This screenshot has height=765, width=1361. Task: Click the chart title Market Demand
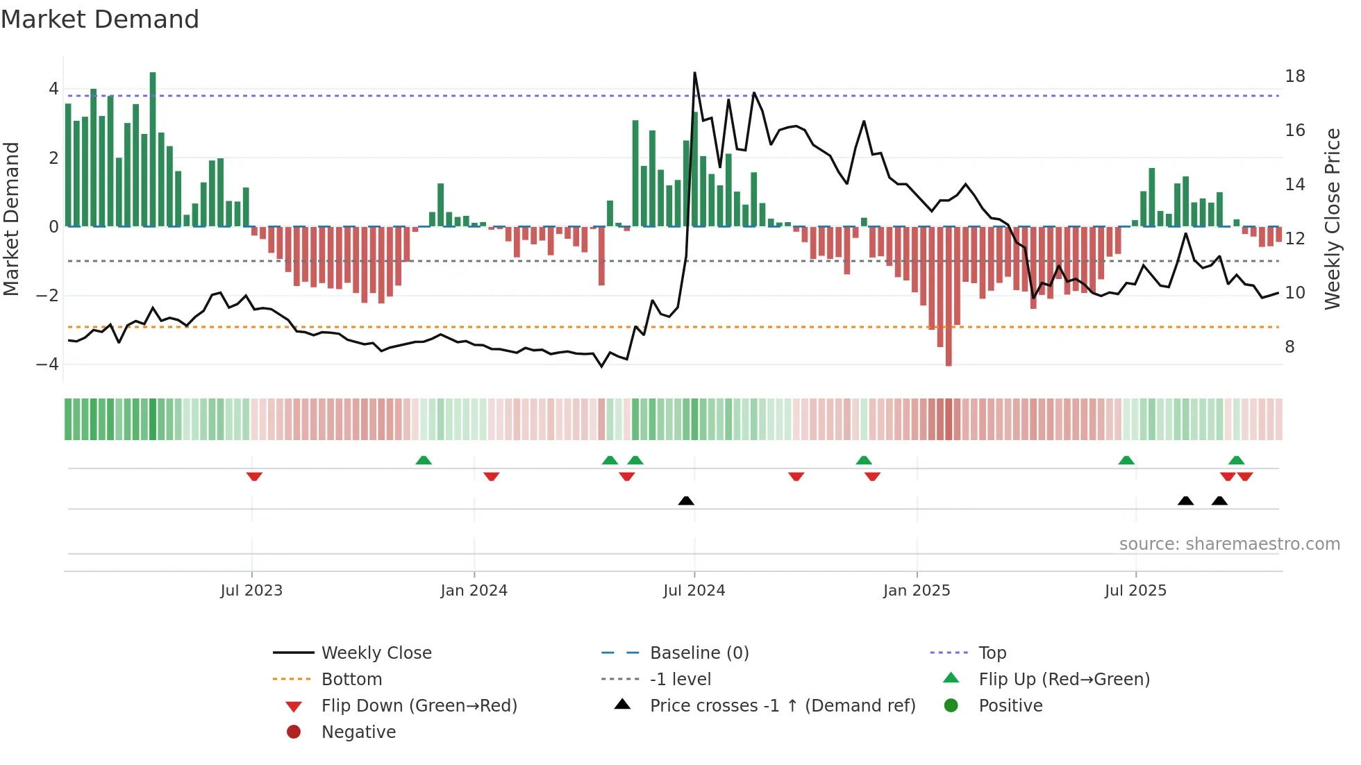[x=100, y=19]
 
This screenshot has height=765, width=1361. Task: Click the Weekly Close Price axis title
[x=1332, y=219]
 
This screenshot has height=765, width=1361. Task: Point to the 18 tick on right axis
[x=1294, y=76]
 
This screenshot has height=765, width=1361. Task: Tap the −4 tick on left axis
[x=48, y=364]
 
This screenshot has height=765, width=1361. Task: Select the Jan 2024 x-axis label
[x=474, y=591]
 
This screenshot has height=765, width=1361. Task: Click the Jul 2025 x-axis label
[x=1135, y=591]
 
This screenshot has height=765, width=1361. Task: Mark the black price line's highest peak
[x=694, y=74]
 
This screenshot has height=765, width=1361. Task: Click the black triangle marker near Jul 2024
[x=686, y=501]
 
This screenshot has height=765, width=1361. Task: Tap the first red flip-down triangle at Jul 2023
[x=254, y=476]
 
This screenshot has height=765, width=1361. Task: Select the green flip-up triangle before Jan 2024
[x=424, y=460]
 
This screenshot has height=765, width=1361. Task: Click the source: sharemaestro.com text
[x=1229, y=544]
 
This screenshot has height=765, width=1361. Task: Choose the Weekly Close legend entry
[x=376, y=653]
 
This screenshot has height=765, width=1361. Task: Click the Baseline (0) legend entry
[x=699, y=653]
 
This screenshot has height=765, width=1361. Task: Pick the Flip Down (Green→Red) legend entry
[x=419, y=706]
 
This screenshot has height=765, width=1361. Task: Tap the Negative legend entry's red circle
[x=294, y=732]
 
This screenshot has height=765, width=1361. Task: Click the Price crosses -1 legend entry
[x=782, y=706]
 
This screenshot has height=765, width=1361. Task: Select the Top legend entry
[x=992, y=653]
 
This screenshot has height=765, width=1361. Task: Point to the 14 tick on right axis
[x=1294, y=185]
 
